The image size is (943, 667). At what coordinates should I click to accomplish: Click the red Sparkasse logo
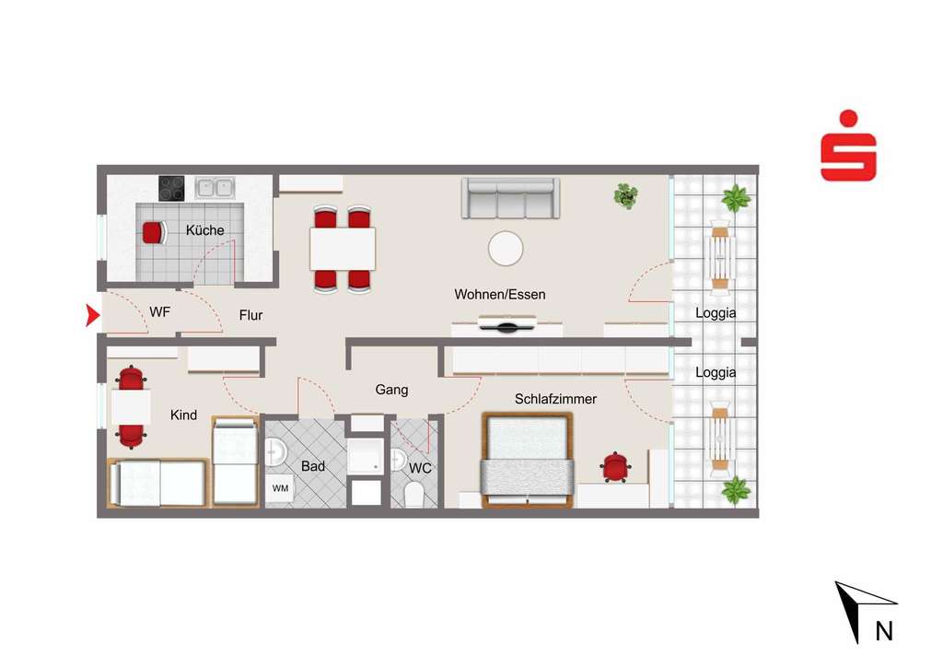pyautogui.click(x=848, y=146)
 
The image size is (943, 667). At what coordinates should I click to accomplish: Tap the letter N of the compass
pyautogui.click(x=883, y=631)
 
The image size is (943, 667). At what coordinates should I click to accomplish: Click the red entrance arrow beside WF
pyautogui.click(x=92, y=316)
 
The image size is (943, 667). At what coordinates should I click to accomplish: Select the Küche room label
pyautogui.click(x=204, y=230)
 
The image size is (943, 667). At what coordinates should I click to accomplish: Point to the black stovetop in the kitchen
pyautogui.click(x=171, y=188)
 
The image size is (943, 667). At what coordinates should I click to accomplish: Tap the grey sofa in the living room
pyautogui.click(x=510, y=198)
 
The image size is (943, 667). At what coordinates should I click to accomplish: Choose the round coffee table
pyautogui.click(x=506, y=248)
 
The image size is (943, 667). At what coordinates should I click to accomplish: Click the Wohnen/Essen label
pyautogui.click(x=500, y=295)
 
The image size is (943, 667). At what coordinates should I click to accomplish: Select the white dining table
pyautogui.click(x=343, y=248)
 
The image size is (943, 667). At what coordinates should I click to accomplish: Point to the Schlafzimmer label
pyautogui.click(x=555, y=399)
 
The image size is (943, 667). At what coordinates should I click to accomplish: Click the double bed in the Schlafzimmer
pyautogui.click(x=528, y=460)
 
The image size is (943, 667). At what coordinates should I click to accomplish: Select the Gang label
pyautogui.click(x=391, y=390)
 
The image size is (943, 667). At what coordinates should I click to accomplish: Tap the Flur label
pyautogui.click(x=250, y=315)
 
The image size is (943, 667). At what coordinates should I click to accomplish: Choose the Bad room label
pyautogui.click(x=313, y=466)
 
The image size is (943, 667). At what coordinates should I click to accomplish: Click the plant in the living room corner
pyautogui.click(x=626, y=195)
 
